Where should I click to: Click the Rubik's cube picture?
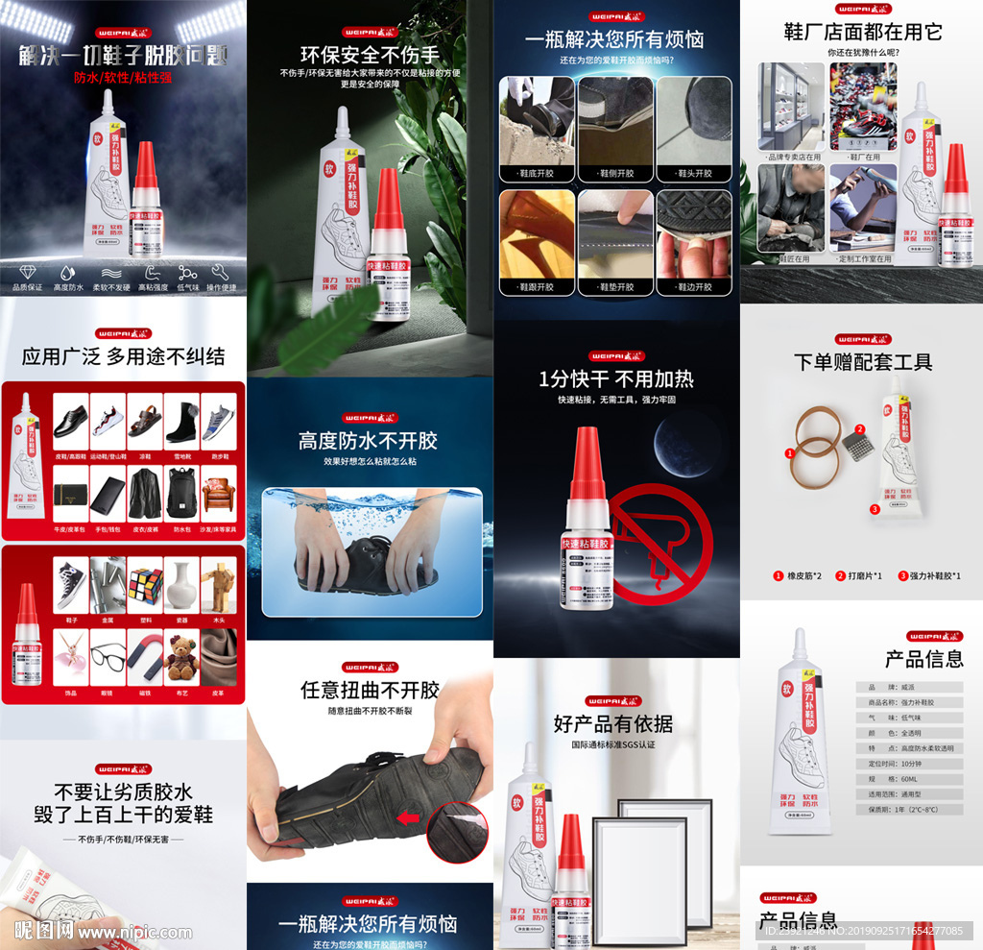click(x=146, y=585)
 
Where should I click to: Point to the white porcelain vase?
click(x=182, y=585)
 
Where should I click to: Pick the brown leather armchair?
click(x=220, y=493)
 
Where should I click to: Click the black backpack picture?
click(x=182, y=491)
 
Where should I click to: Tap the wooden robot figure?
click(x=219, y=585)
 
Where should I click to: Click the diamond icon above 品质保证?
click(x=27, y=272)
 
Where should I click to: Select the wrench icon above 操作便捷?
click(x=221, y=272)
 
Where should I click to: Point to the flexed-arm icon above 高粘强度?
click(x=153, y=272)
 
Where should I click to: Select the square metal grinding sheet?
click(x=853, y=445)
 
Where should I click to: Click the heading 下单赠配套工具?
click(x=862, y=362)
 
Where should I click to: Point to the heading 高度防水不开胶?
click(x=368, y=441)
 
